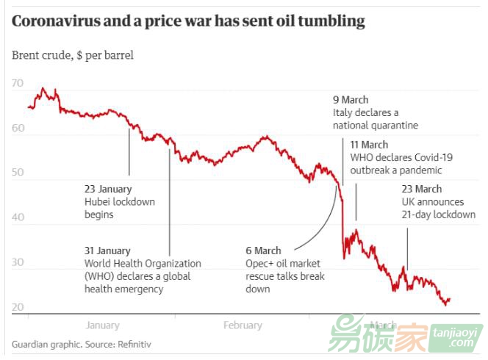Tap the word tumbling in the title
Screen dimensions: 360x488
[x=334, y=22]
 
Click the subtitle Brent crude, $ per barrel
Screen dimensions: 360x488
[x=73, y=55]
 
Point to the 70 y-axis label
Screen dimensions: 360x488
[x=18, y=84]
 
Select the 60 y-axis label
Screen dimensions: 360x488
[x=18, y=129]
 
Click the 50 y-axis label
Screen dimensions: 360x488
[x=18, y=173]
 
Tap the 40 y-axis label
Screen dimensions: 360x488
[x=18, y=218]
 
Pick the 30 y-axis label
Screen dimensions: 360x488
[x=18, y=262]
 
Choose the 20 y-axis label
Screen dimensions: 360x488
[x=18, y=307]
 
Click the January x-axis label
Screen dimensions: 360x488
[x=102, y=325]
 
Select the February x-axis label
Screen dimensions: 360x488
[x=242, y=325]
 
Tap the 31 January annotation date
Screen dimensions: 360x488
[x=107, y=251]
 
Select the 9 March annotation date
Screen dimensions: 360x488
[x=351, y=100]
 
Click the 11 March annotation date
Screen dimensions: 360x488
[x=369, y=145]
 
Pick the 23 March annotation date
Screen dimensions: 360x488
[x=422, y=189]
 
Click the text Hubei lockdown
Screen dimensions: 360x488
[x=120, y=202]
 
